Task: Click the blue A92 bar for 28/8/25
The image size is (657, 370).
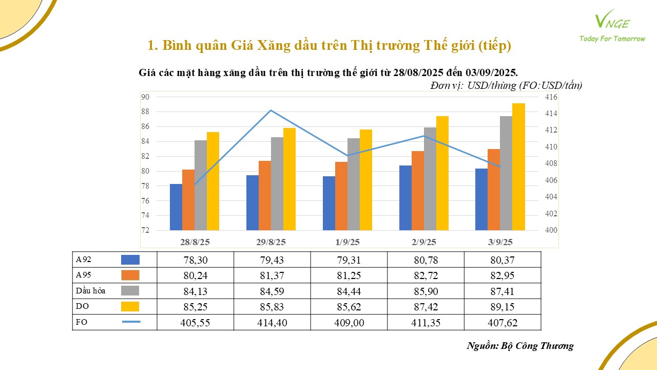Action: (176, 207)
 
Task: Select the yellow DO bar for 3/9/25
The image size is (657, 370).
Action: (518, 166)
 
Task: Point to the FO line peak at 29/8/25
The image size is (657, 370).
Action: (271, 110)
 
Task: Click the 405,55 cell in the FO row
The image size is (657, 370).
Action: (195, 322)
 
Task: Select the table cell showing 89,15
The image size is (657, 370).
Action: (503, 307)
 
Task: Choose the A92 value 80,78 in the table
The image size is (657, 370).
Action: (426, 260)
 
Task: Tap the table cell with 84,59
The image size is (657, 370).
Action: (272, 291)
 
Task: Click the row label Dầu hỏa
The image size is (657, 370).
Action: (91, 291)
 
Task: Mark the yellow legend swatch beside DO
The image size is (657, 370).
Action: (130, 307)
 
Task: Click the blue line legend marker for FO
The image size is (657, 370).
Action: (131, 322)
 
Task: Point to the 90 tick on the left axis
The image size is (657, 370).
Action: (145, 97)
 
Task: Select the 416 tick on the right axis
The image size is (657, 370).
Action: (551, 97)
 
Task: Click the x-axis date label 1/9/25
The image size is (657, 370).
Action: (347, 242)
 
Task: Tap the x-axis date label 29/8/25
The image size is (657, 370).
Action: (271, 242)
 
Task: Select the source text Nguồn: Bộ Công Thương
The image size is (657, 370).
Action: (520, 345)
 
